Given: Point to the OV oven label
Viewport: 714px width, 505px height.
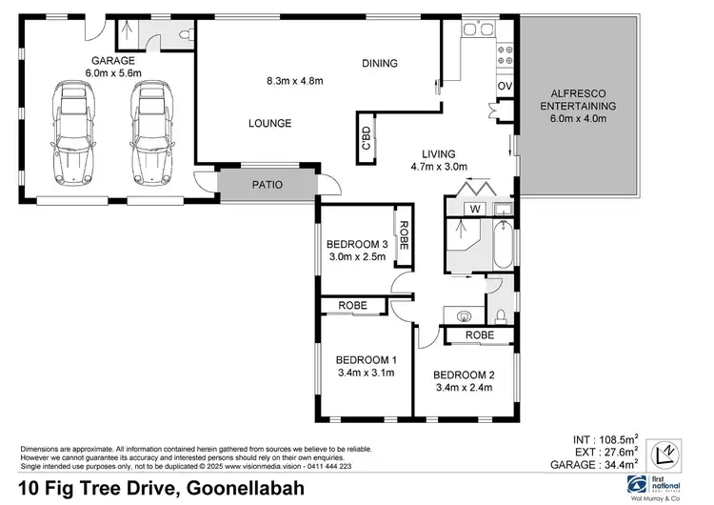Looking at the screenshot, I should pos(505,87).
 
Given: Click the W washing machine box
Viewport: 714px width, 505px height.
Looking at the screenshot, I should pos(473,209).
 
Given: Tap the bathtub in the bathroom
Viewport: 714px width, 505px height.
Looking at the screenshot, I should pos(503,247).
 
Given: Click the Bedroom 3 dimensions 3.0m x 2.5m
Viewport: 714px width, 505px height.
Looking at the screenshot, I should pos(355,257).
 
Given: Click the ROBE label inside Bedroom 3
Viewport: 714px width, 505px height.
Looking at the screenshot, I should pos(404,235).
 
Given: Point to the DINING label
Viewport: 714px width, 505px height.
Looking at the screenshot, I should pos(379,64).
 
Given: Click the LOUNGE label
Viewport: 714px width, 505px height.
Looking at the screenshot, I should pos(269,123).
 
